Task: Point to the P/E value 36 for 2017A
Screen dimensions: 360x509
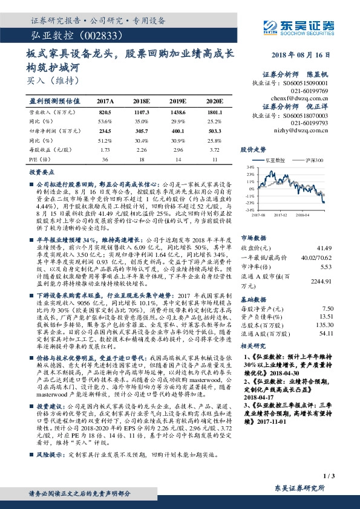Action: click(105, 159)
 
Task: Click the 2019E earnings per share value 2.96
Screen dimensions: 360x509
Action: click(177, 149)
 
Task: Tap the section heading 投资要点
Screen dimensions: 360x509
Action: click(40, 172)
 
